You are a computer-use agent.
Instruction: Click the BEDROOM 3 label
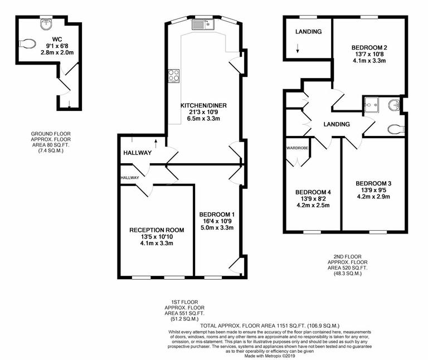(374, 183)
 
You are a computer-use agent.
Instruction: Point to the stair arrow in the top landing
(298, 51)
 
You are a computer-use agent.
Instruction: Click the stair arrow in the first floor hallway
(155, 143)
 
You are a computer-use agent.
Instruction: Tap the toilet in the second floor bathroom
(396, 129)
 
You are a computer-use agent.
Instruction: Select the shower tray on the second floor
(371, 104)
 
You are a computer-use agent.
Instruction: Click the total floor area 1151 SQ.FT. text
(261, 325)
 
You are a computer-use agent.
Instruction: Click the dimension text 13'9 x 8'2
(312, 198)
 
